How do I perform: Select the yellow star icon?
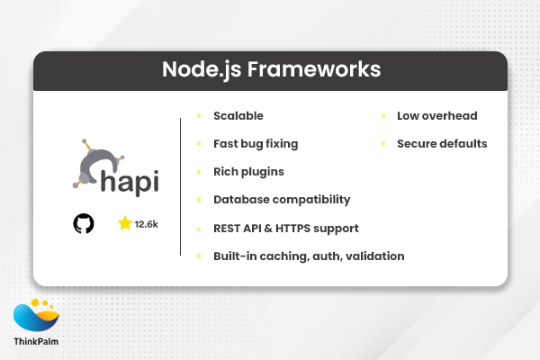click(x=124, y=222)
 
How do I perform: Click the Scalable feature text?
click(x=238, y=116)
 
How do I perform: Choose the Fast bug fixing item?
click(x=256, y=143)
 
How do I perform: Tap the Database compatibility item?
click(x=282, y=199)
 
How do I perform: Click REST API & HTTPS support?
click(x=286, y=228)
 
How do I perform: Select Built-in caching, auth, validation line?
click(x=309, y=256)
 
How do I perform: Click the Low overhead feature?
click(x=437, y=116)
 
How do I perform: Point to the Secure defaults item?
click(x=442, y=143)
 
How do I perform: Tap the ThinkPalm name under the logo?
click(x=38, y=343)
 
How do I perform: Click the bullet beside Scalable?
click(x=199, y=116)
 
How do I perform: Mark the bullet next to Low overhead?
click(x=383, y=116)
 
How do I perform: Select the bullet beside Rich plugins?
click(x=199, y=171)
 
